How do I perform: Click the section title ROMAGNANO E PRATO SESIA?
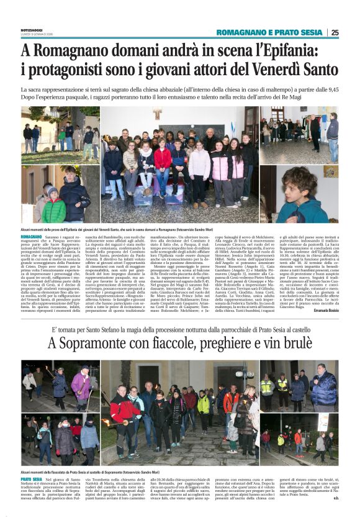click(x=269, y=32)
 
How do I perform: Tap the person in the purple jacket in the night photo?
click(x=81, y=385)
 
